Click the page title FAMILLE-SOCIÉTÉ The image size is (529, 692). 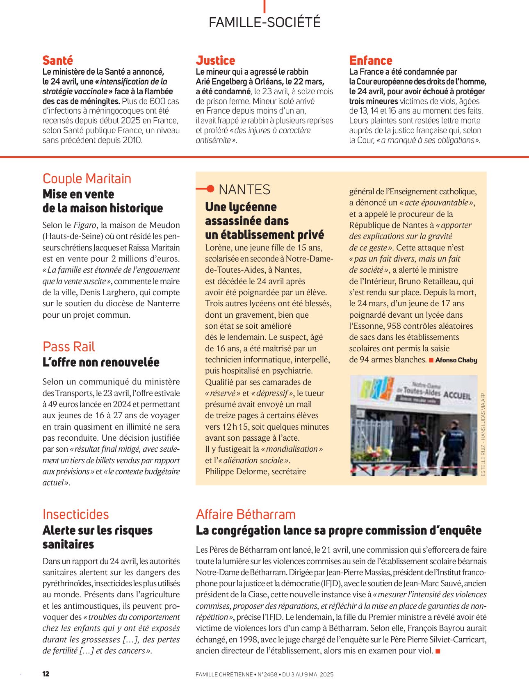264,22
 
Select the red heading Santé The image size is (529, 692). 58,61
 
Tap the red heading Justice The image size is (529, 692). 215,61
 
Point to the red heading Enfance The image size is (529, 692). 371,61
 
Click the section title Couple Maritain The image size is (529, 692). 87,179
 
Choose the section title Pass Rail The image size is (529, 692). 68,347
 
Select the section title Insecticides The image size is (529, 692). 76,514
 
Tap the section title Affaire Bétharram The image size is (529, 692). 246,514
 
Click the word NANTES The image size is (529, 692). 244,190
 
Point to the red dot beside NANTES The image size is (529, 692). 210,189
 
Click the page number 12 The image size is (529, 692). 46,674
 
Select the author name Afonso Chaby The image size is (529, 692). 456,360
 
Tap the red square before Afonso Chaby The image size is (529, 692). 431,360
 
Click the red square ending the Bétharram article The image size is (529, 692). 438,651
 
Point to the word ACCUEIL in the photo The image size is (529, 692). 457,396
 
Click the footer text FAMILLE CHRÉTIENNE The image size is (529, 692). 224,674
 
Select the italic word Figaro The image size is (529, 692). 84,225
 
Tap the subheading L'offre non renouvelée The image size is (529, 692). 101,362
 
